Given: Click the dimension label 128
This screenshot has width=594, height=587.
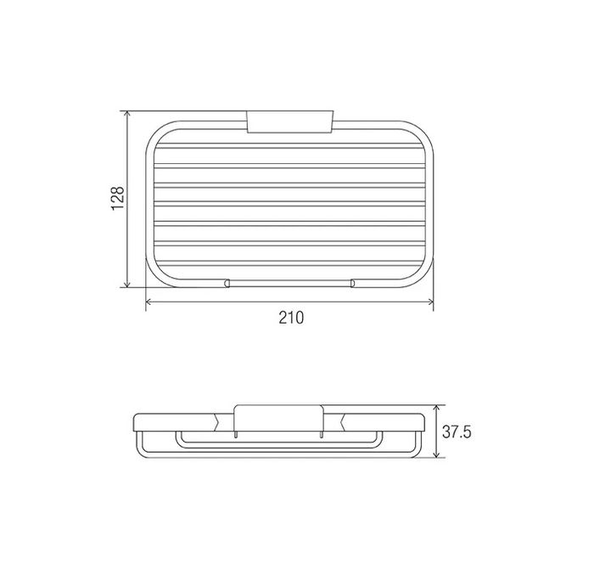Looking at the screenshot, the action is click(118, 198).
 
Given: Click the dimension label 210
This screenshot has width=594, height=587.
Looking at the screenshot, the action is click(291, 318).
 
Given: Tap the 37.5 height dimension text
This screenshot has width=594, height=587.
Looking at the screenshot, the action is click(457, 432).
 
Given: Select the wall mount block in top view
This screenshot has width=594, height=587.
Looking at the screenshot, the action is click(290, 121).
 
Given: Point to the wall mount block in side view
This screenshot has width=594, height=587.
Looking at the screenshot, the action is click(279, 418).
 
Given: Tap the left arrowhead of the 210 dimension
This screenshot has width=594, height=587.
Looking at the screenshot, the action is click(148, 302).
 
